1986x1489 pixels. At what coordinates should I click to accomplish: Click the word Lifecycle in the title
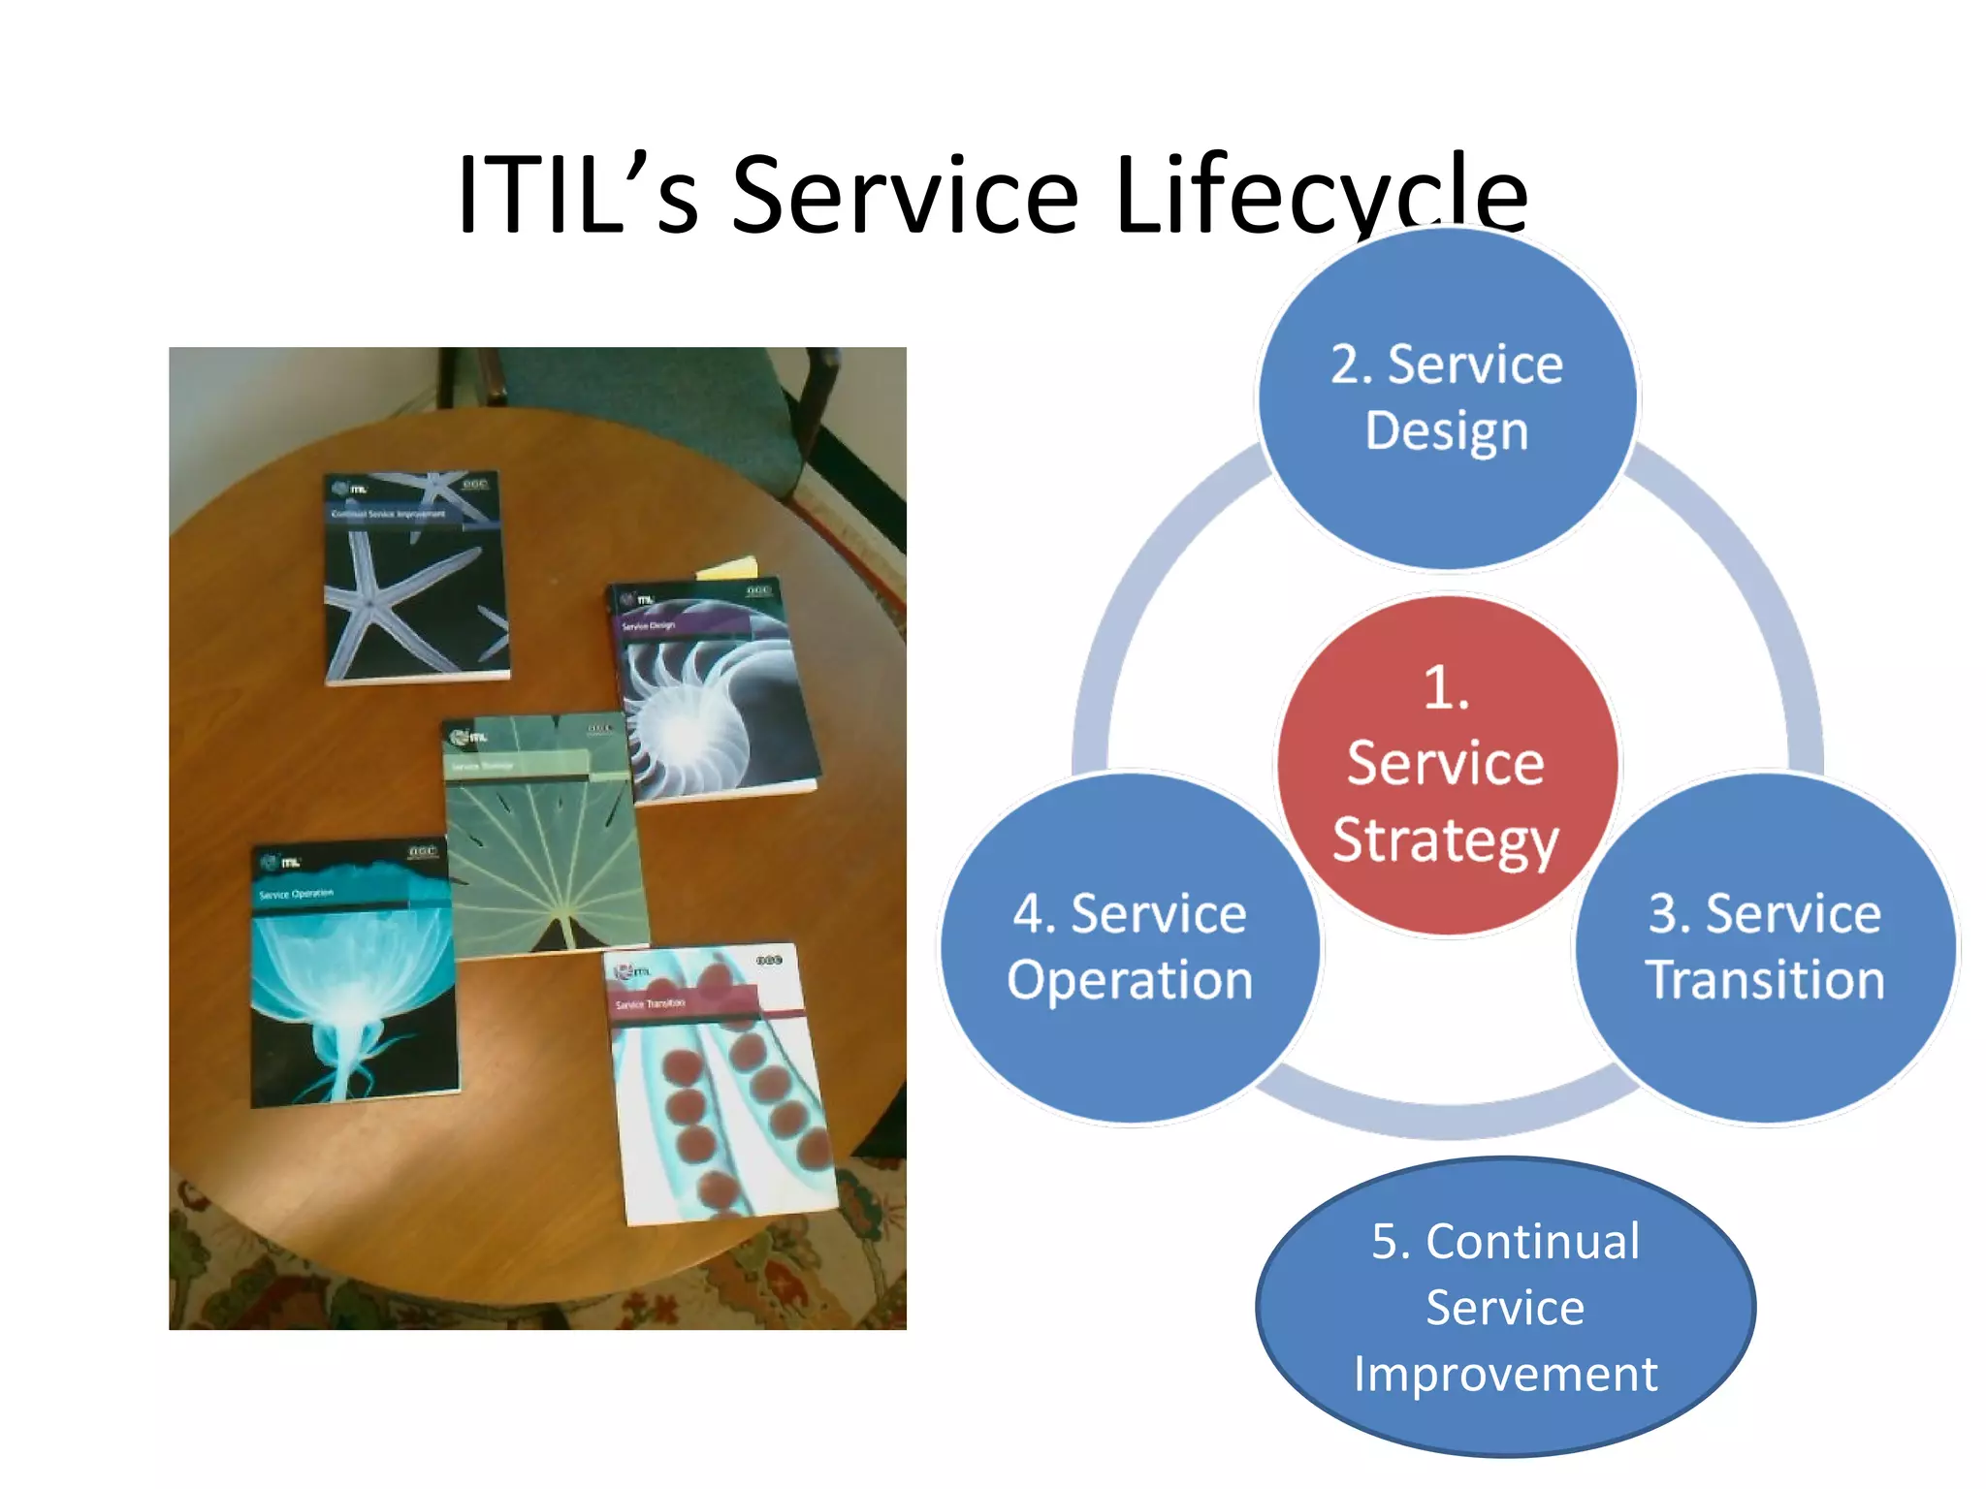click(1321, 197)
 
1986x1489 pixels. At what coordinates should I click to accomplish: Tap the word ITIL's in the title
click(578, 197)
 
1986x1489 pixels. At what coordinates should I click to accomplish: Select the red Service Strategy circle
click(1446, 765)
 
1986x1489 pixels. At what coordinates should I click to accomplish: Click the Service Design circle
click(1446, 397)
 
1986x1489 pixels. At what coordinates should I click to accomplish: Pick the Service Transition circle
click(1765, 948)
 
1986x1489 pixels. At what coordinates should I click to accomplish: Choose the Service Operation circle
click(1130, 948)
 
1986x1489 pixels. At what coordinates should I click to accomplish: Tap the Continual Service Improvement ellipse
click(1505, 1307)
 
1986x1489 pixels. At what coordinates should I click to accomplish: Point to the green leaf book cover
click(546, 839)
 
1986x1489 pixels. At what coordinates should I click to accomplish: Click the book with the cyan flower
click(352, 974)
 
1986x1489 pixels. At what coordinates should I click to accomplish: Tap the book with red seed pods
click(721, 1086)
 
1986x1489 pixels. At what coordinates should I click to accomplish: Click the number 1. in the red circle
click(1446, 688)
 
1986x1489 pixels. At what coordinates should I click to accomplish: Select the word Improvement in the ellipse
click(1505, 1375)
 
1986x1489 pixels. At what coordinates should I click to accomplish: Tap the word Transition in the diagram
click(1765, 980)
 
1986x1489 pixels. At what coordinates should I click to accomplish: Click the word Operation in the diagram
click(1130, 980)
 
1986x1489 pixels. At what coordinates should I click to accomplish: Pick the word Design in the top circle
click(1446, 430)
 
